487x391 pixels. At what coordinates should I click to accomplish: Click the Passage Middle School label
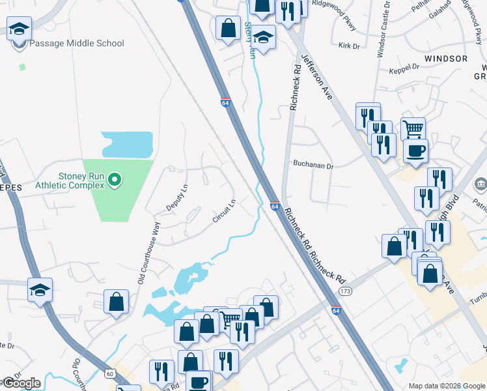[76, 44]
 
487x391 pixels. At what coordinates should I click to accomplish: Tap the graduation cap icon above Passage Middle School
[20, 29]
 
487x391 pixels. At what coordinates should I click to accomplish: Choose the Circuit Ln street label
[223, 211]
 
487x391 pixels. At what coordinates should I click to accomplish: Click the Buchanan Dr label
[313, 166]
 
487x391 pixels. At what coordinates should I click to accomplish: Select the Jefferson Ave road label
[317, 78]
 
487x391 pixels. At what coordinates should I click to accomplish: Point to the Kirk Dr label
[350, 46]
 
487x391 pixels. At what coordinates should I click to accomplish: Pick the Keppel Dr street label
[404, 67]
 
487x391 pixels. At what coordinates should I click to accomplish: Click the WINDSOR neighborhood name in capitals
[445, 59]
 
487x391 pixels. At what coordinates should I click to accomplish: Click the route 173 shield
[345, 290]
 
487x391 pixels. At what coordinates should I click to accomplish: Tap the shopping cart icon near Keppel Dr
[413, 128]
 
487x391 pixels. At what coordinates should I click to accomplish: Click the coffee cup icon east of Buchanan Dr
[415, 151]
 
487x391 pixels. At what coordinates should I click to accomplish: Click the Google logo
[21, 383]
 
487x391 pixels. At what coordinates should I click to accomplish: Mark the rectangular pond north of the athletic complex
[127, 145]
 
